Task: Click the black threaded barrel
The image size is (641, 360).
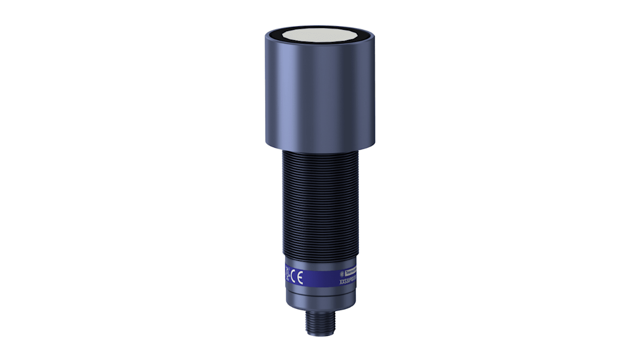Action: (320, 203)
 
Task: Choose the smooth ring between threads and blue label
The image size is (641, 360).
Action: (320, 264)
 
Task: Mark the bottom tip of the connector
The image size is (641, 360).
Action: (320, 335)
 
